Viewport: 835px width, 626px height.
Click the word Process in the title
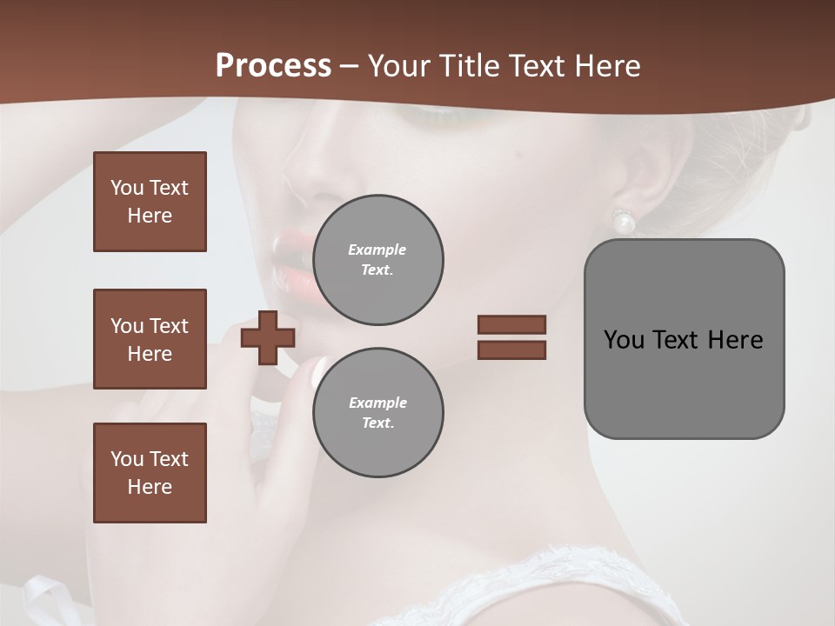pos(273,65)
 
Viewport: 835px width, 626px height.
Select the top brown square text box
pos(150,202)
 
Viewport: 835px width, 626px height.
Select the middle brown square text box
pos(150,339)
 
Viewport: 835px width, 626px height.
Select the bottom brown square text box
pos(150,473)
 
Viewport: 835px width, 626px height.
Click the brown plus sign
pos(268,337)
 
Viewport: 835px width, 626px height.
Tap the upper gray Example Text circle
pos(378,260)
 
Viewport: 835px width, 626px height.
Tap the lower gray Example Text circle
pos(378,413)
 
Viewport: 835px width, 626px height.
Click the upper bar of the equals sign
pos(512,324)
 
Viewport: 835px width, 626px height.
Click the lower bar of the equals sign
pos(512,350)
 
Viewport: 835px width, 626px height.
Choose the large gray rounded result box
pos(684,339)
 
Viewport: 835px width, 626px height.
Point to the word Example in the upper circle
pos(377,250)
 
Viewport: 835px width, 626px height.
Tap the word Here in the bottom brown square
pos(150,487)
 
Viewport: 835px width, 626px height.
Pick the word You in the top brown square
pos(126,188)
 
